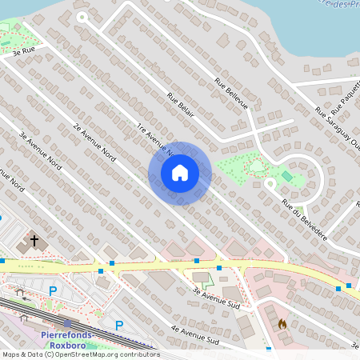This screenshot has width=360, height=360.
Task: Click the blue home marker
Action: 180,172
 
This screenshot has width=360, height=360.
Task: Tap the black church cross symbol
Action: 34,239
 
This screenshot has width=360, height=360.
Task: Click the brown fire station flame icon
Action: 282,324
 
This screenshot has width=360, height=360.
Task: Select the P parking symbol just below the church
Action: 53,290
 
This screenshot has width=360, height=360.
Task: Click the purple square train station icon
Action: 68,324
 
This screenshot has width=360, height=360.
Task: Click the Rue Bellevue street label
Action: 231,94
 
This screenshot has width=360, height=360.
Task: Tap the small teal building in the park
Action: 286,176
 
